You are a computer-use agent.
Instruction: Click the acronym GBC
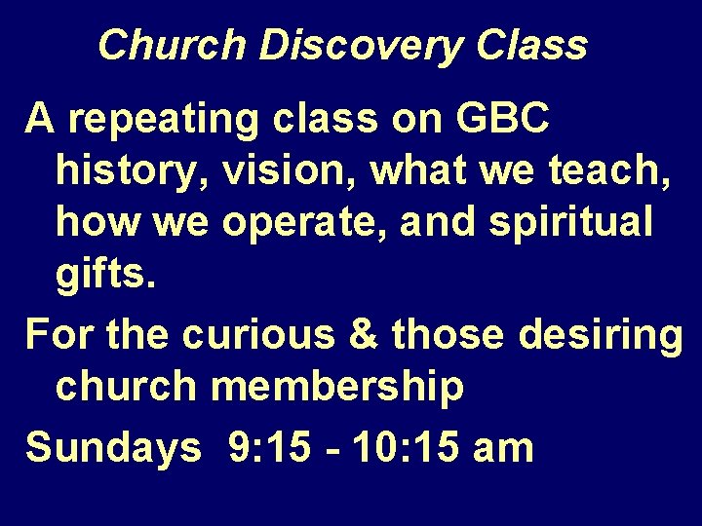point(501,120)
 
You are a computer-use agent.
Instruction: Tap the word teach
point(596,172)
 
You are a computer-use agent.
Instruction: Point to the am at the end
point(503,447)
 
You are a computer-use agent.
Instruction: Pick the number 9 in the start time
point(238,447)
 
